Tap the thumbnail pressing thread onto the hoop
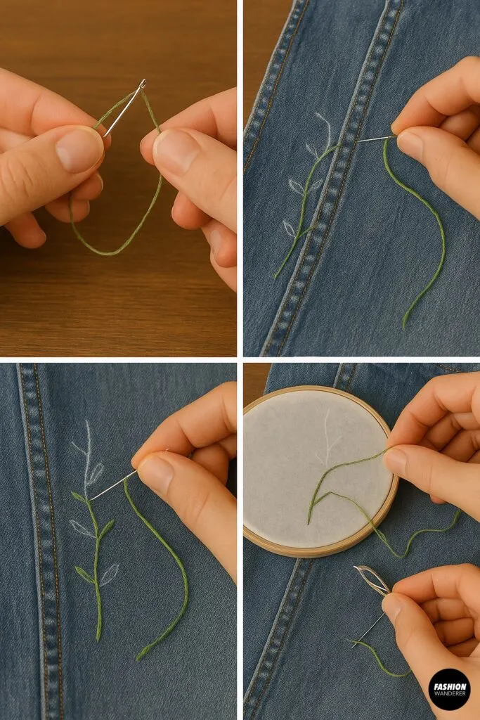pyautogui.click(x=395, y=461)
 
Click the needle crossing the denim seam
pyautogui.click(x=372, y=139)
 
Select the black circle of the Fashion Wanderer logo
pyautogui.click(x=449, y=688)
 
